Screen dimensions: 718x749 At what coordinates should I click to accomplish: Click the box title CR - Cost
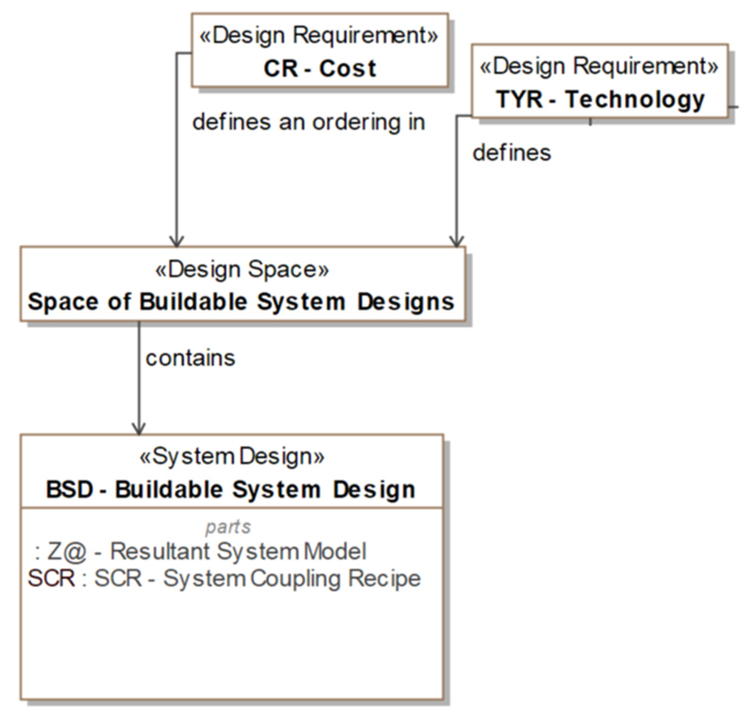click(x=320, y=69)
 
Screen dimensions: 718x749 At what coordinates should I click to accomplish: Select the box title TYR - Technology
click(x=600, y=99)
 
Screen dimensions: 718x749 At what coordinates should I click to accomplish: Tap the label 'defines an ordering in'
click(x=308, y=122)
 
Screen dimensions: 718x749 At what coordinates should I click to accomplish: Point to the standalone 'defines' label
click(x=511, y=153)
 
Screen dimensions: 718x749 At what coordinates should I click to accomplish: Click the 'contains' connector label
click(x=190, y=358)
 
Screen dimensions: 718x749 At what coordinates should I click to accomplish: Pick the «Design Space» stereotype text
click(x=242, y=269)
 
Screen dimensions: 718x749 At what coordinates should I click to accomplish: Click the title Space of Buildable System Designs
click(x=241, y=302)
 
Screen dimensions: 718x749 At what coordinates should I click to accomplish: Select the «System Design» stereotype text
click(x=232, y=457)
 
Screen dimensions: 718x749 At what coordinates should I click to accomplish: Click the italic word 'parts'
click(x=228, y=527)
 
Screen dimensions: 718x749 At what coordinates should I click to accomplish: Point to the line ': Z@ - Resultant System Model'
click(x=201, y=551)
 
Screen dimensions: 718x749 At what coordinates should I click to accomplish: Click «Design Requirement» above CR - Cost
click(x=319, y=35)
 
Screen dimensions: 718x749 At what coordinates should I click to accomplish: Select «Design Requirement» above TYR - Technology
click(x=599, y=66)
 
